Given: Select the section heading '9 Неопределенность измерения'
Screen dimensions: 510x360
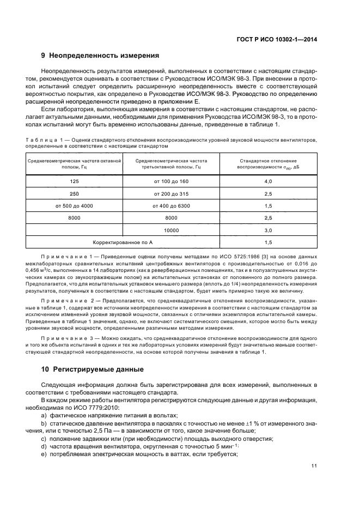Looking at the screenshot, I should (100, 56).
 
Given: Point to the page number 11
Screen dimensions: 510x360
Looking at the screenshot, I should (314, 466).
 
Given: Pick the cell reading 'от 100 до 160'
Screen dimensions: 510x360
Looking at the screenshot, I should (171, 181).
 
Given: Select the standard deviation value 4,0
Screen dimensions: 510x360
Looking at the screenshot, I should (268, 181).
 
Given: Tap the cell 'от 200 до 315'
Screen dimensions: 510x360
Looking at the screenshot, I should (171, 193).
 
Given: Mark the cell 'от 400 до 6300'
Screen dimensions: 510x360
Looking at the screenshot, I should (171, 206).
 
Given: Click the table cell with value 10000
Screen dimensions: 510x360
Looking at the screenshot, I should (171, 230).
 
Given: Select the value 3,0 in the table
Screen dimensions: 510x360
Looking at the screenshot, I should (268, 230).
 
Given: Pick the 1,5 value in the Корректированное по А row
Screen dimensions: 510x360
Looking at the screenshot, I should (268, 242).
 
